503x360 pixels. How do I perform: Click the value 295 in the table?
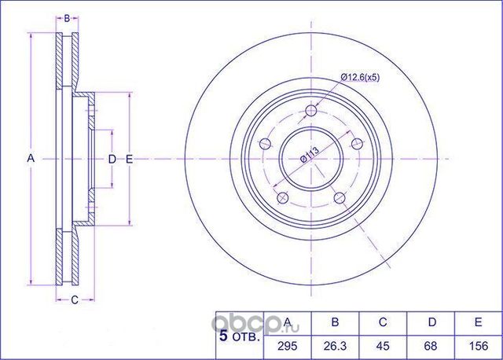point(288,346)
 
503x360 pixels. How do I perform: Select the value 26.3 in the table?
point(336,346)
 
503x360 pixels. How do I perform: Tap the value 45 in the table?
point(383,346)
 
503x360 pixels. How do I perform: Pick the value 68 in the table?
point(431,346)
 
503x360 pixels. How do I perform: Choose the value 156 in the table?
point(479,346)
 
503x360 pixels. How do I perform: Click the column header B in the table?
point(335,321)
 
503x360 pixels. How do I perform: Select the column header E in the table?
point(478,321)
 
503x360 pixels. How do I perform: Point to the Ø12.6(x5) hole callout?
point(360,77)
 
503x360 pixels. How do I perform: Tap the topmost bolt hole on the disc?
point(311,111)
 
